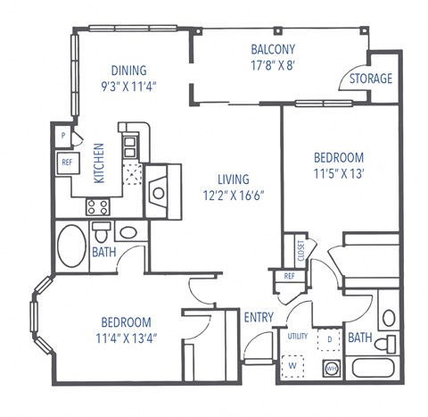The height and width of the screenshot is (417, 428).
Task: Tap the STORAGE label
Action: tap(370, 79)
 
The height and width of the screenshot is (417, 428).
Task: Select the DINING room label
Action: tap(129, 71)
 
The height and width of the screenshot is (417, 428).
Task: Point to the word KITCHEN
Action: tap(100, 163)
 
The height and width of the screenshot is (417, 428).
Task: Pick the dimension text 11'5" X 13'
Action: tap(338, 173)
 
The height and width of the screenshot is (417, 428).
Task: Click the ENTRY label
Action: tap(259, 318)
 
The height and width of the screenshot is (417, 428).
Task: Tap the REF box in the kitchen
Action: tap(67, 163)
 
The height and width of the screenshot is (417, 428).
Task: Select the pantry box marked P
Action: tap(64, 136)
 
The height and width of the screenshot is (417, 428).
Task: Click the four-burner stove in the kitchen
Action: tap(97, 206)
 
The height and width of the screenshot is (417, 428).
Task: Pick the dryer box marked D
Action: tap(329, 339)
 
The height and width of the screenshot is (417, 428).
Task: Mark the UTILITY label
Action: tap(297, 336)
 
